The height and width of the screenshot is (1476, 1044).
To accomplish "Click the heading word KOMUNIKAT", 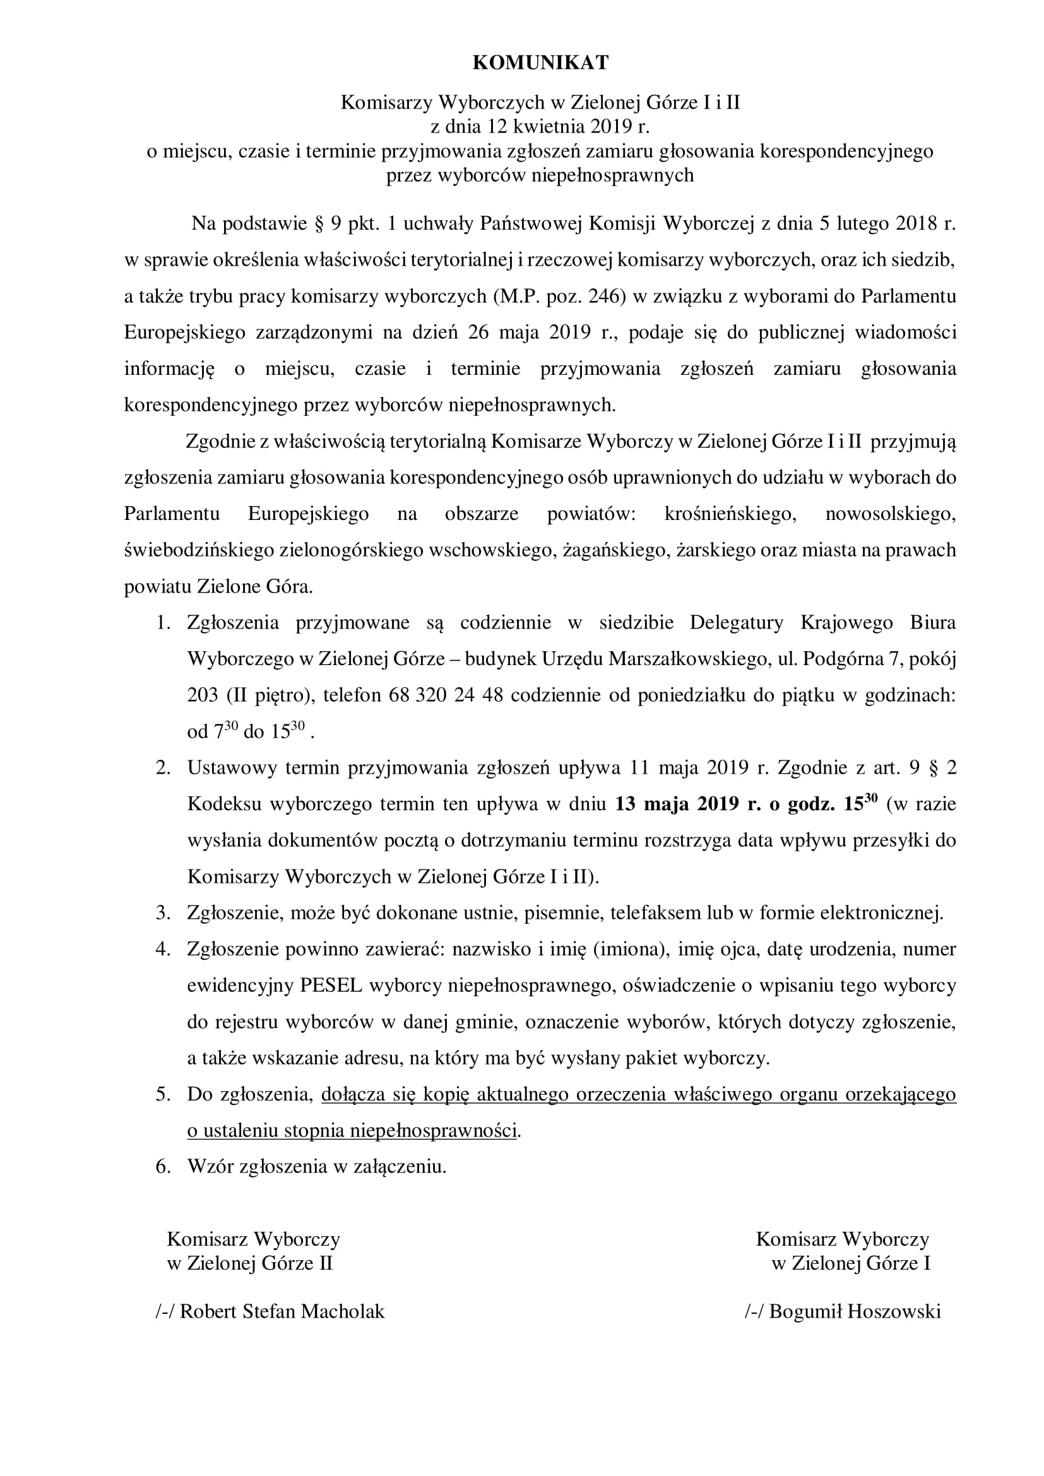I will [540, 62].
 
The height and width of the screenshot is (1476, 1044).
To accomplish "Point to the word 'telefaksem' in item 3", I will [655, 913].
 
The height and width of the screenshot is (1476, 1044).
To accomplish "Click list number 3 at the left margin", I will [163, 913].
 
